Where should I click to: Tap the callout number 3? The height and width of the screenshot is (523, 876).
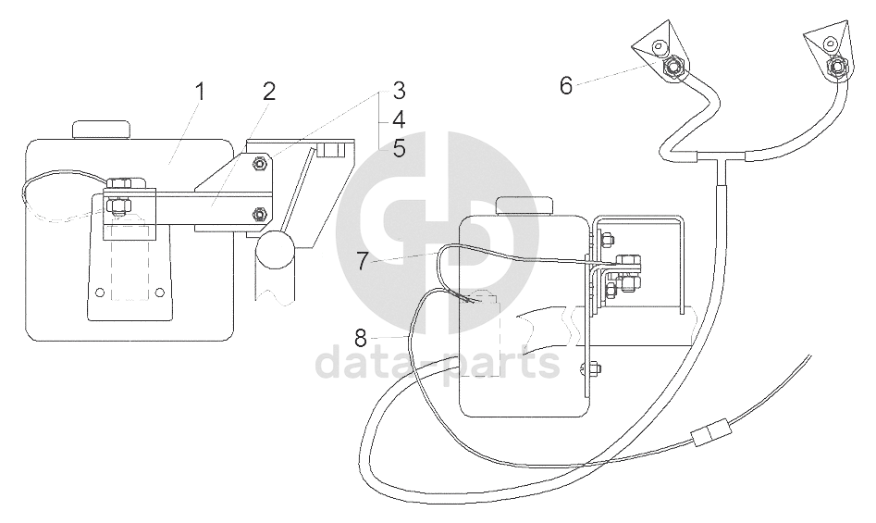[399, 91]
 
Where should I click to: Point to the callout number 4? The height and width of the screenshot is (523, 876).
[399, 119]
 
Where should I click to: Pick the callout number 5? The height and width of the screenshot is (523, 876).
[399, 148]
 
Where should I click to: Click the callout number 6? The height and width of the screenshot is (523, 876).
[566, 86]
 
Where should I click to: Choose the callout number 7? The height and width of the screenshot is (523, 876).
[362, 261]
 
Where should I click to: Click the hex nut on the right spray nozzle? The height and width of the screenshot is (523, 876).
[838, 66]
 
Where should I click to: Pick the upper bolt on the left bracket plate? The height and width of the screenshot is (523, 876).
[261, 164]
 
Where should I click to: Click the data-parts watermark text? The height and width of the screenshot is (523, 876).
[438, 362]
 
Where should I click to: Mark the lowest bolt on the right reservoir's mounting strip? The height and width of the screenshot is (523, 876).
[586, 371]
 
